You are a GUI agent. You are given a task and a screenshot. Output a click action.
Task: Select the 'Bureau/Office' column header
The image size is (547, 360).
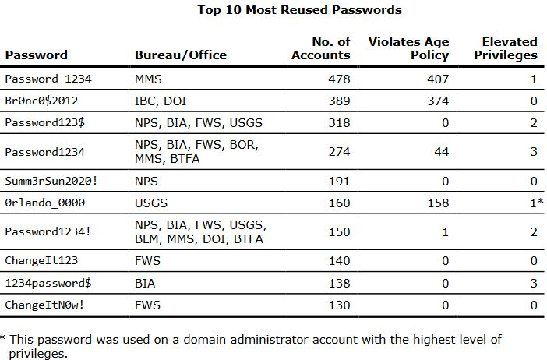pyautogui.click(x=181, y=55)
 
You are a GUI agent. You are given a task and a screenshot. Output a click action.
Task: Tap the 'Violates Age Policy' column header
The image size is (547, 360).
pyautogui.click(x=408, y=48)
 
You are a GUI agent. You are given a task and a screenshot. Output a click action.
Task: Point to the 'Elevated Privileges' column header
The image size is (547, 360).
pyautogui.click(x=510, y=48)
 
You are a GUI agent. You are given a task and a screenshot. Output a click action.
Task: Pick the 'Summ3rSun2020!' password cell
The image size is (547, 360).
pyautogui.click(x=49, y=181)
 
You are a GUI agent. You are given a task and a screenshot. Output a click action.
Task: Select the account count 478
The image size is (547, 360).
pyautogui.click(x=340, y=79)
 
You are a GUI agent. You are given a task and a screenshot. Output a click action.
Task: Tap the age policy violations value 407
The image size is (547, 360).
pyautogui.click(x=439, y=79)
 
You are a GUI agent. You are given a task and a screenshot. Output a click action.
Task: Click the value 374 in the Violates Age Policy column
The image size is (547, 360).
pyautogui.click(x=439, y=101)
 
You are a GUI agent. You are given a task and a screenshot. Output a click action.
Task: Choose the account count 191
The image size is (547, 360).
pyautogui.click(x=340, y=181)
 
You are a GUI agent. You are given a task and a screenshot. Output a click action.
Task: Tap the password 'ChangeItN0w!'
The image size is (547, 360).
pyautogui.click(x=44, y=305)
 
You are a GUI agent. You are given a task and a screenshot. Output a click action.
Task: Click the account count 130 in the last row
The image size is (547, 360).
pyautogui.click(x=340, y=305)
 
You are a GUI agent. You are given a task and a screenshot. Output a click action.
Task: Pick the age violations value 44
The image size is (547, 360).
pyautogui.click(x=442, y=152)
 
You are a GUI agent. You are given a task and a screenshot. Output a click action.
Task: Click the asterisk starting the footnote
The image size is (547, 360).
pyautogui.click(x=3, y=338)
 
